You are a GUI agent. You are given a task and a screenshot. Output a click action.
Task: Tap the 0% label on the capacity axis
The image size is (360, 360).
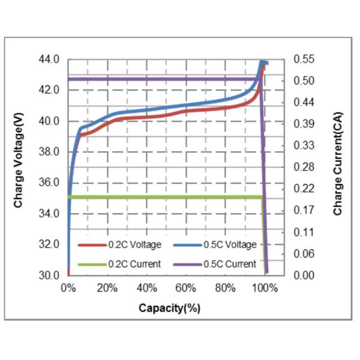point(68,288)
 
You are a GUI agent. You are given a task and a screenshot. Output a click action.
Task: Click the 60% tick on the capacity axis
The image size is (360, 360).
point(186,288)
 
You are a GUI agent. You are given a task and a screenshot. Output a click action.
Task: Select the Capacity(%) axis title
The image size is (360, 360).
point(169,308)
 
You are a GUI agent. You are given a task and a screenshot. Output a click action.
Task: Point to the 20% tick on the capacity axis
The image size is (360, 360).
point(107,288)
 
